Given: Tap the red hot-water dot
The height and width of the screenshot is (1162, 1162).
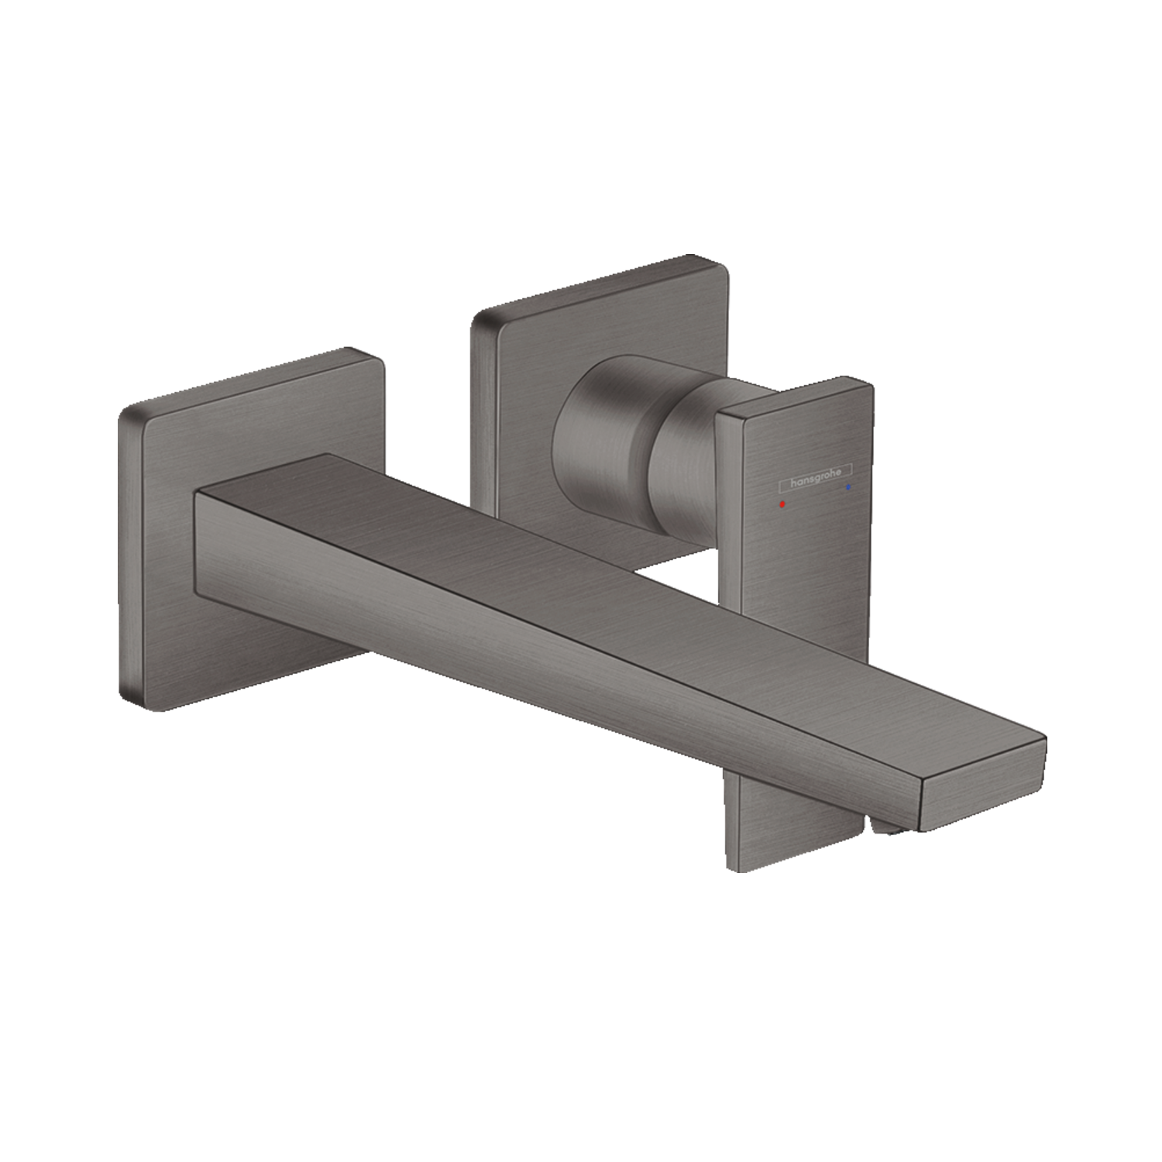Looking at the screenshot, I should [782, 504].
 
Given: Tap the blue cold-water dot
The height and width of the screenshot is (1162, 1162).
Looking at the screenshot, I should [850, 489].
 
